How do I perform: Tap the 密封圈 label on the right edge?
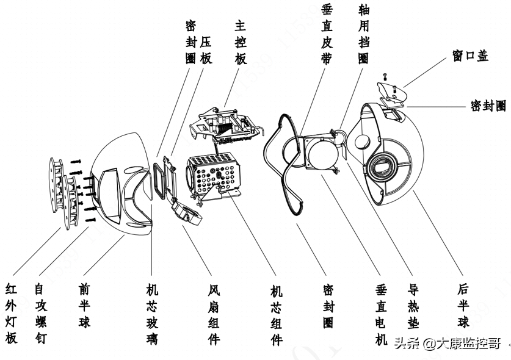pyautogui.click(x=488, y=106)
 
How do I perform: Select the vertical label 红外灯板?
pyautogui.click(x=12, y=312)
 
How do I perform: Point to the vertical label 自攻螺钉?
pyautogui.click(x=40, y=312)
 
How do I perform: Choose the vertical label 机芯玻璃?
pyautogui.click(x=152, y=312)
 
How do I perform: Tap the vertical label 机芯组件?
pyautogui.click(x=277, y=312)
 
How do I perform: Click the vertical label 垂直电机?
pyautogui.click(x=382, y=312)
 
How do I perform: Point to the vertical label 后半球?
pyautogui.click(x=464, y=304)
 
